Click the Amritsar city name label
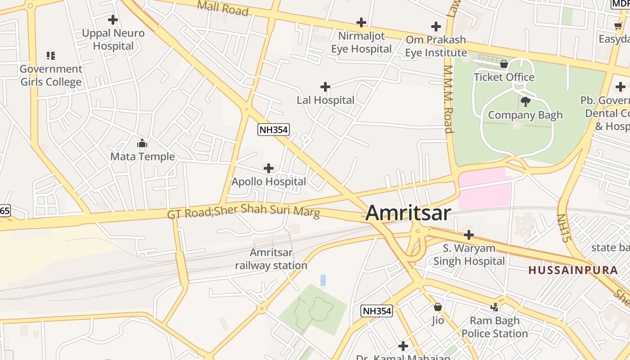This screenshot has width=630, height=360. tap(408, 213)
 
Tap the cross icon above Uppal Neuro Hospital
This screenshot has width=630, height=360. tap(113, 20)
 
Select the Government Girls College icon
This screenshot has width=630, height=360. tap(51, 56)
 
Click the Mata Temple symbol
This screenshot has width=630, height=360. tap(142, 144)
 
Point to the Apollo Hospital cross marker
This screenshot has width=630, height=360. tap(269, 168)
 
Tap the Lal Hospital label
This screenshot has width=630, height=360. tap(325, 100)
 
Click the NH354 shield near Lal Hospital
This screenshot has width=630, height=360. tap(273, 130)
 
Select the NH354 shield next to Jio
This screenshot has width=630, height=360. tap(377, 310)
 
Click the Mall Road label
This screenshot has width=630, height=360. tap(223, 8)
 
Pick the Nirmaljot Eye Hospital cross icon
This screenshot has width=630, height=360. tap(361, 22)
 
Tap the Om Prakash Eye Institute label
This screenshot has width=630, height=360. tap(436, 46)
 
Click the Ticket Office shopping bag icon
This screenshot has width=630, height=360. tap(504, 64)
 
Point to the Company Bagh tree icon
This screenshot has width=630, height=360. tap(525, 102)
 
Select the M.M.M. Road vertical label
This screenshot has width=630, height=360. tap(448, 99)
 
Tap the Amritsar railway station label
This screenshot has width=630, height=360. tap(271, 259)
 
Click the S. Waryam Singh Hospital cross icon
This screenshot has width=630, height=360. tap(469, 234)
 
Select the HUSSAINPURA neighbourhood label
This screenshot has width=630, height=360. tap(573, 270)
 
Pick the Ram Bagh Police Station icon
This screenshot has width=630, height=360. tap(495, 307)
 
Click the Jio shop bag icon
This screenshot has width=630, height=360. tap(437, 307)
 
